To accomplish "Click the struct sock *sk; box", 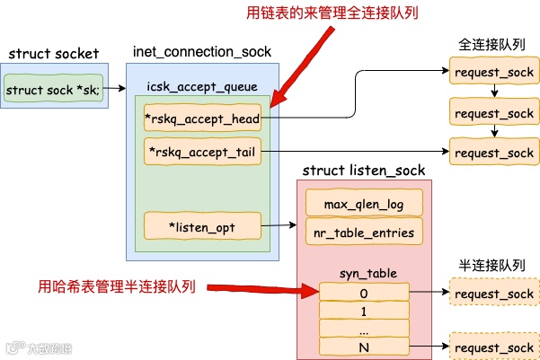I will coord(54,90).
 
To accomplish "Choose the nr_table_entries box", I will coord(363,232).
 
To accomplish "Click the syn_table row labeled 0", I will coord(363,293).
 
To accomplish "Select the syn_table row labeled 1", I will coord(363,311).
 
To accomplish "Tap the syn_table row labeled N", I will coord(363,347).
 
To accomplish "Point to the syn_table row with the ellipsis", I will coord(363,329).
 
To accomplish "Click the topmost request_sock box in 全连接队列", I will coord(494,71).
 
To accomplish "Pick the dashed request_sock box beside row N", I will coord(494,347).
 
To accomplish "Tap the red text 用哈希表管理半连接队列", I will coord(117,287).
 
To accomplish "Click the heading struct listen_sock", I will coord(364,170).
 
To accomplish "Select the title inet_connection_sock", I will coord(201,53).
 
